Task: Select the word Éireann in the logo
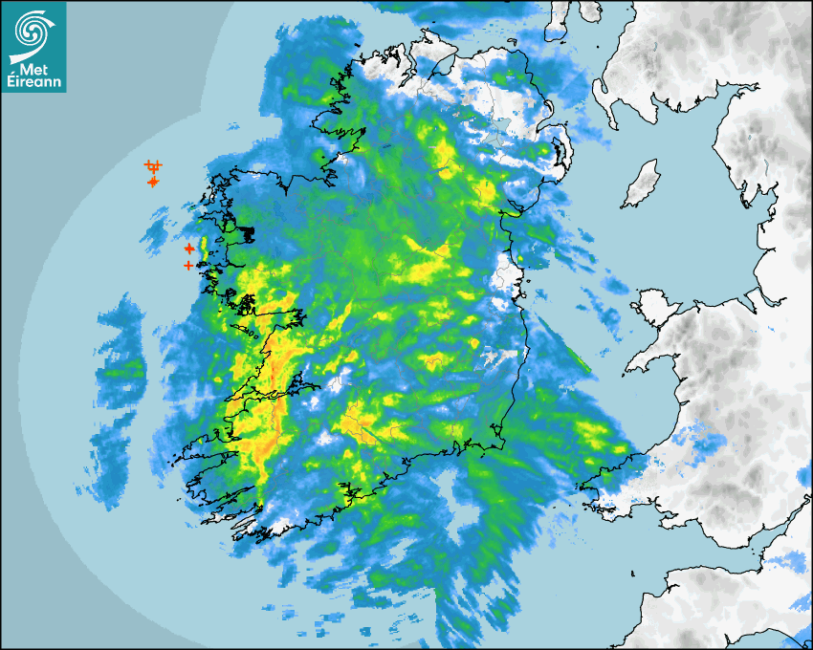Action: tap(33, 82)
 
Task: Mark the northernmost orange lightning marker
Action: tap(152, 166)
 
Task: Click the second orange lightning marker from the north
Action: tap(153, 182)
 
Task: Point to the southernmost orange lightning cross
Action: tap(188, 265)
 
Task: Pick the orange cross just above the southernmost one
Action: tap(189, 249)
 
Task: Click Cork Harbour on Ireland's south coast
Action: tap(355, 493)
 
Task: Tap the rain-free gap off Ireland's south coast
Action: tap(453, 497)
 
